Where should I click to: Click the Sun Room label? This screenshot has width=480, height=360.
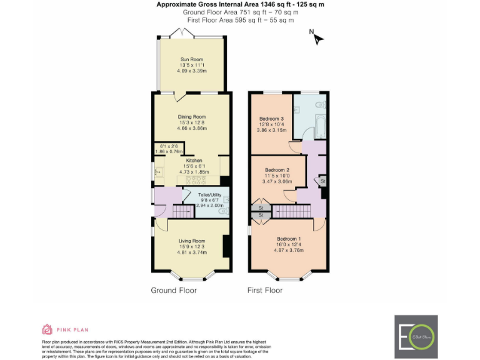tap(192, 59)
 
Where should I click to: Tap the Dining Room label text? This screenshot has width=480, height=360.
tap(192, 116)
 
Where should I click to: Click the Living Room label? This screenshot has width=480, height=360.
tap(192, 241)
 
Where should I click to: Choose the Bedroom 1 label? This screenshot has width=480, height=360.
tap(289, 239)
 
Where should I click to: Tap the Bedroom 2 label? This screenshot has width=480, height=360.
tap(277, 170)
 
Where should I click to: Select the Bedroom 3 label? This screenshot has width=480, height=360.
tap(272, 119)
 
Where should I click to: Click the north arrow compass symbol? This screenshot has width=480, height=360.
tap(317, 38)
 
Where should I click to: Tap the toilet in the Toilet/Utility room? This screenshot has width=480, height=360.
tap(222, 211)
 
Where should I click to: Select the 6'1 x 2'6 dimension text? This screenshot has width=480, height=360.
tap(167, 146)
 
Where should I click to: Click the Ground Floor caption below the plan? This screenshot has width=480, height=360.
tap(174, 291)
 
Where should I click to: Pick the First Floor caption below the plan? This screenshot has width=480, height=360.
tap(265, 291)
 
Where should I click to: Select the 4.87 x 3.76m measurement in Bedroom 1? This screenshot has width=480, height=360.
tap(289, 250)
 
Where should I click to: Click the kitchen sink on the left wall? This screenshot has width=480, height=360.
tap(157, 171)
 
